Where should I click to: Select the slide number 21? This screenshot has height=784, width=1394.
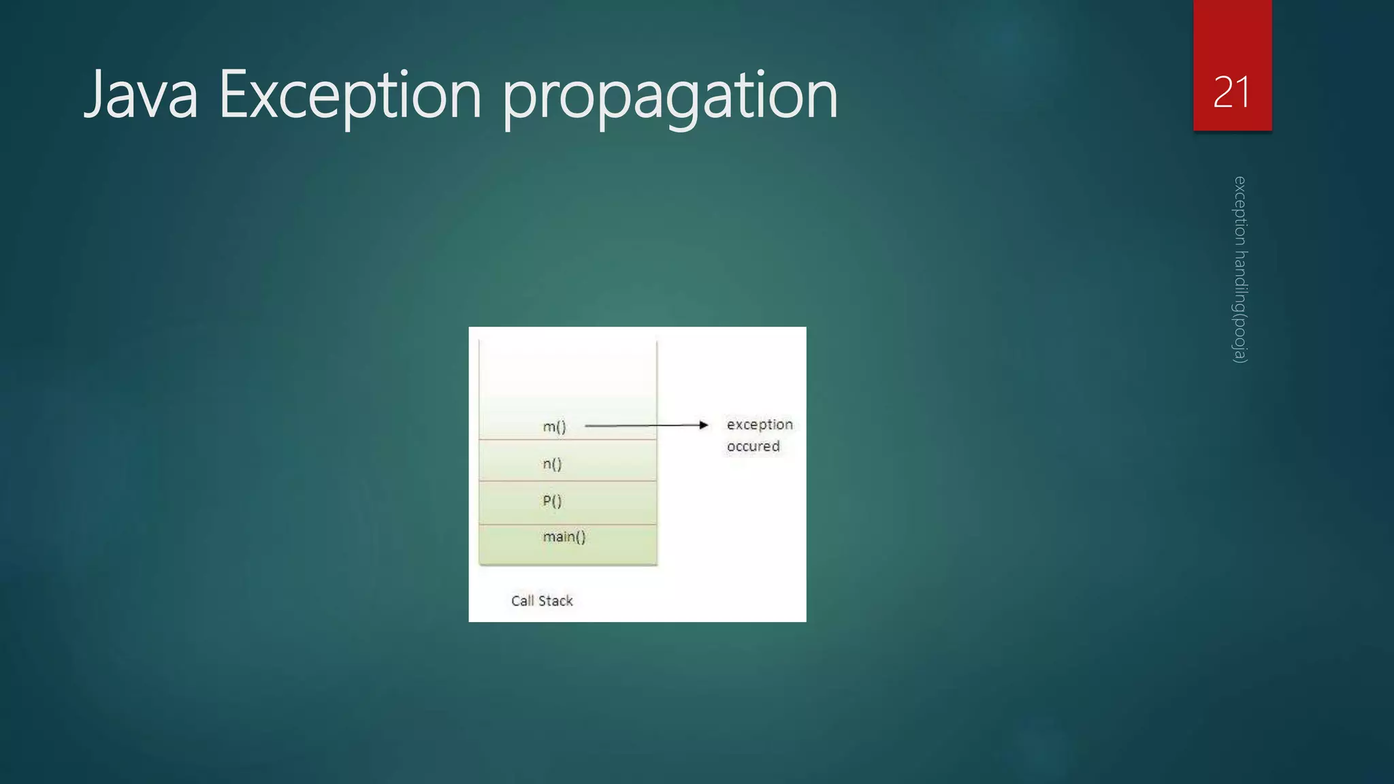(x=1231, y=92)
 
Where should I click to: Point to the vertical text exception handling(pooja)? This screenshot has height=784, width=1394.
(x=1240, y=269)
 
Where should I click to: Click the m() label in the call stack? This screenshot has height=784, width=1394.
(x=554, y=427)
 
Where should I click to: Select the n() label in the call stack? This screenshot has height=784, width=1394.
(x=552, y=464)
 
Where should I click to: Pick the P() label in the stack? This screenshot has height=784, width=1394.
(x=552, y=502)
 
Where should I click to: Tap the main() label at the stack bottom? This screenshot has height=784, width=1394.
(x=564, y=537)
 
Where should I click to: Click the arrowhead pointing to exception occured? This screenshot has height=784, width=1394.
(x=704, y=425)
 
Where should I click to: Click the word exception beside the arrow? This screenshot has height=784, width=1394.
(x=760, y=425)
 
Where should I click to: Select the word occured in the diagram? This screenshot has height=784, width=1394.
(x=753, y=446)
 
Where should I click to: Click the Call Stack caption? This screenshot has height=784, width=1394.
(x=542, y=601)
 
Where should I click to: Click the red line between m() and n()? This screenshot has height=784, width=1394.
(x=568, y=440)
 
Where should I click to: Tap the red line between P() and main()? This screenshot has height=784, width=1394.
(x=568, y=525)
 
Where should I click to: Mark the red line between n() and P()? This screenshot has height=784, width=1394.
(x=568, y=481)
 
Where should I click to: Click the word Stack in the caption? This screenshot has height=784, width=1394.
(x=556, y=601)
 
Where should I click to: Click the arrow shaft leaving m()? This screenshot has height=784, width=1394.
(x=640, y=425)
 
